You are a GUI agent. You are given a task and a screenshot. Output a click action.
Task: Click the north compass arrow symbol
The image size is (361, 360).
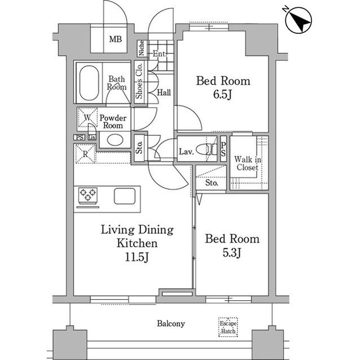pyautogui.click(x=298, y=20)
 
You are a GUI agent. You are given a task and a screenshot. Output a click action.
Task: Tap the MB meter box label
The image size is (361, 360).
pyautogui.click(x=115, y=39)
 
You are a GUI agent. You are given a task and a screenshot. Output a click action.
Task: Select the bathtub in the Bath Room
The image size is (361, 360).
pyautogui.click(x=89, y=83)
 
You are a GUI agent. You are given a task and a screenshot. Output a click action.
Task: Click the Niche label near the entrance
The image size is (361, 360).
pyautogui.click(x=142, y=48)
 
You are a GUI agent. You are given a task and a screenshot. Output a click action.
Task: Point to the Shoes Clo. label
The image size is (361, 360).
pyautogui.click(x=139, y=81)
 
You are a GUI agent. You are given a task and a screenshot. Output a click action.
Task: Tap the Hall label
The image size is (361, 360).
pyautogui.click(x=164, y=92)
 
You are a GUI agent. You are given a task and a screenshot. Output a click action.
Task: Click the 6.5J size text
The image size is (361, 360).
pyautogui.click(x=222, y=95)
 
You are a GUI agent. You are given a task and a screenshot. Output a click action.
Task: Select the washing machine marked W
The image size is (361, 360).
pyautogui.click(x=87, y=117)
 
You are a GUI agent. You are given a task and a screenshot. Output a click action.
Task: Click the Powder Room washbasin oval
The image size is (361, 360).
pyautogui.click(x=115, y=140)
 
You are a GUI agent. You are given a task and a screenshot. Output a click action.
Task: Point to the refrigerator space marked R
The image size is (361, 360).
pyautogui.click(x=85, y=154)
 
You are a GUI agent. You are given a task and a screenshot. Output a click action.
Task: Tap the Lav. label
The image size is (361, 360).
pyautogui.click(x=187, y=152)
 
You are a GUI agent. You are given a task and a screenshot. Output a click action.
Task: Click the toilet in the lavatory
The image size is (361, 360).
pyautogui.click(x=207, y=149)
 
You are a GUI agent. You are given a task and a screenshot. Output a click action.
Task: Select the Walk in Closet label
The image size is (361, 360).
pyautogui.click(x=248, y=163)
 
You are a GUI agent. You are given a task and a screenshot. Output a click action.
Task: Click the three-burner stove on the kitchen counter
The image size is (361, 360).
pyautogui.click(x=88, y=195)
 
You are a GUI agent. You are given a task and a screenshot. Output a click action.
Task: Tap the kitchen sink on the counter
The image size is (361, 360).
pyautogui.click(x=125, y=196)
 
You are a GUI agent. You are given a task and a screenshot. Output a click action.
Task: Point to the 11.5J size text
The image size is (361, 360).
pyautogui.click(x=137, y=257)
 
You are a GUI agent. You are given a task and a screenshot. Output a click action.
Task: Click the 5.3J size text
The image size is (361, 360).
pyautogui.click(x=232, y=253)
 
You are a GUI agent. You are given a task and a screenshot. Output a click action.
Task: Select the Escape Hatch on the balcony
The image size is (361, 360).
pyautogui.click(x=228, y=327)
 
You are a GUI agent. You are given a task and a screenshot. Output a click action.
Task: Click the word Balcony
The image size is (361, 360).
pyautogui.click(x=171, y=324)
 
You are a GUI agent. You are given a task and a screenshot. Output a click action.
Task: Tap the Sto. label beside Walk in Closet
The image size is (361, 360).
pyautogui.click(x=212, y=183)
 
